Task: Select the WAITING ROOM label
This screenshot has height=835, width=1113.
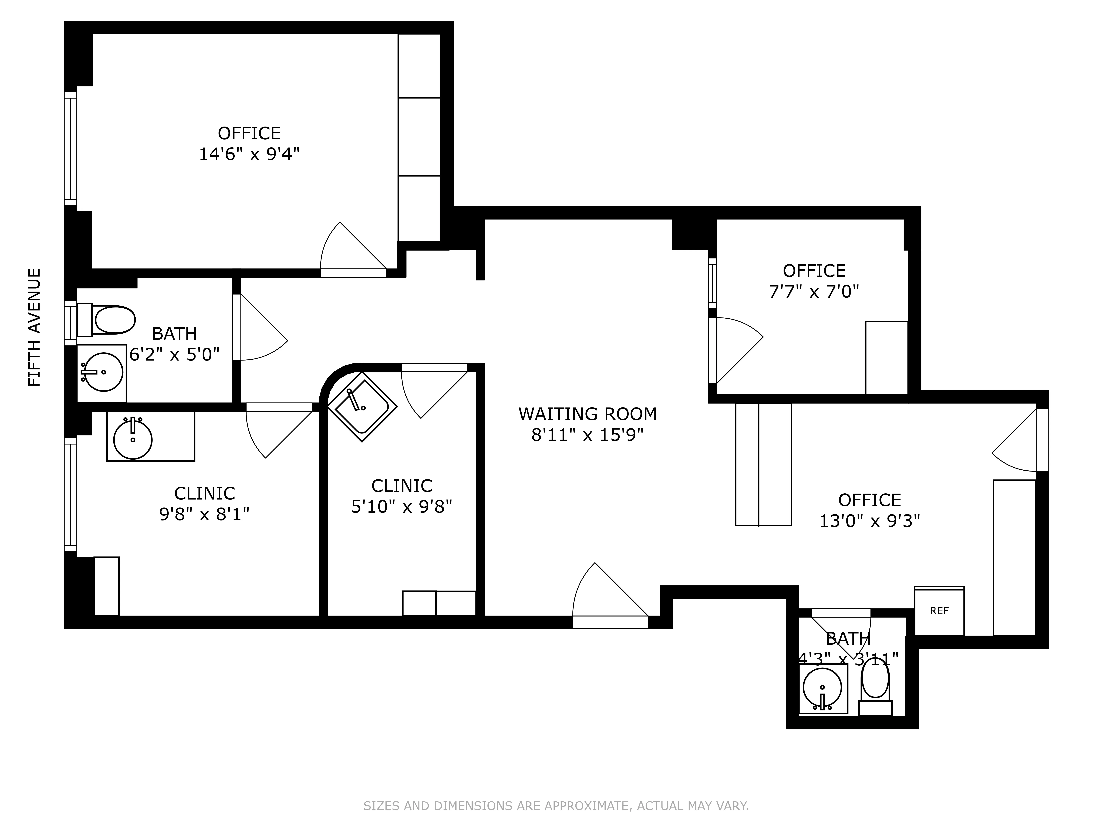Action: pyautogui.click(x=587, y=414)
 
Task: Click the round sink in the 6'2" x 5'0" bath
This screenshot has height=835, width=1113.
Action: pyautogui.click(x=103, y=372)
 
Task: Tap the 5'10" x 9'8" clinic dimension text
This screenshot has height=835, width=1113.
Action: pyautogui.click(x=402, y=506)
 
